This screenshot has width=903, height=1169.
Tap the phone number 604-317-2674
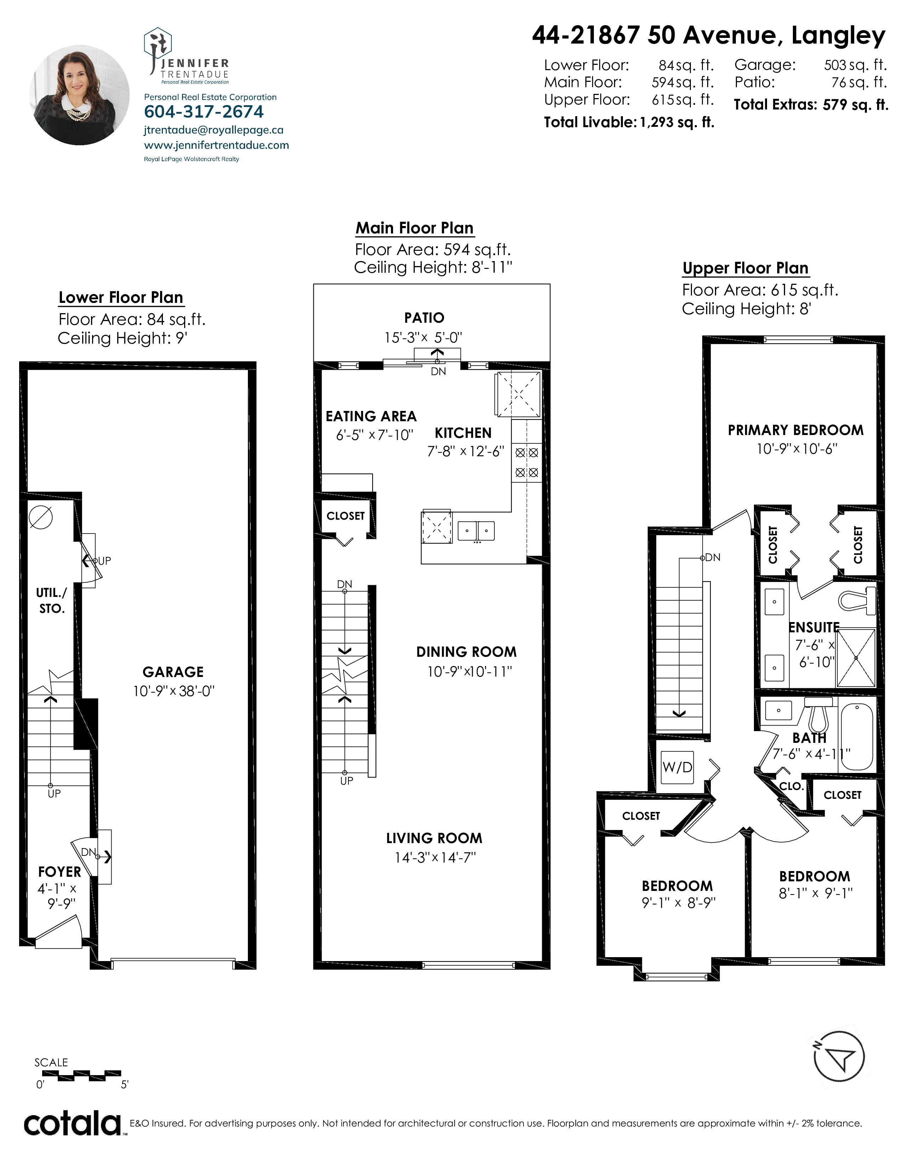(204, 112)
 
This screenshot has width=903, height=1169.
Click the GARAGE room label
(173, 672)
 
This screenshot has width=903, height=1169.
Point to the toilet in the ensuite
(857, 600)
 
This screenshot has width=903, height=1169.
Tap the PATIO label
(424, 318)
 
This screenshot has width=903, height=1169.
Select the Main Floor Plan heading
(415, 228)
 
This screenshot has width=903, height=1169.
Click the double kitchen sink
(476, 530)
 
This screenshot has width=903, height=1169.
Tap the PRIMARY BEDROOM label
(795, 430)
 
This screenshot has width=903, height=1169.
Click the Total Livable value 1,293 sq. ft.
(677, 123)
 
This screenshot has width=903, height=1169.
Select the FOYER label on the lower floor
(59, 872)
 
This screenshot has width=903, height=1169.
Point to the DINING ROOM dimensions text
(469, 671)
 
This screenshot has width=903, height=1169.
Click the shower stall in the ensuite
(856, 658)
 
